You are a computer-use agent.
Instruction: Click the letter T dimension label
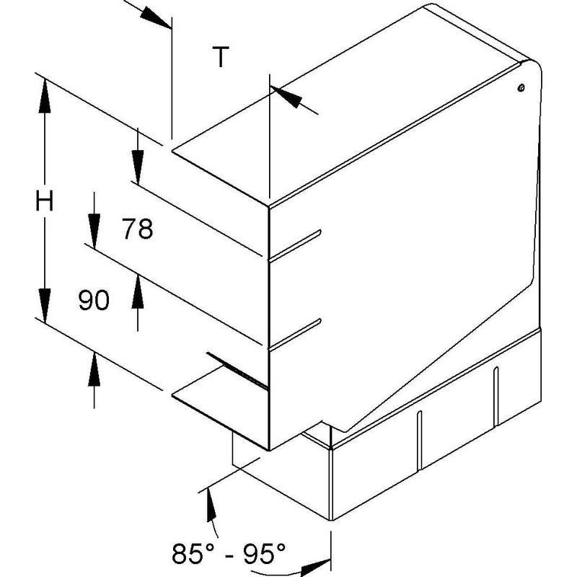pyautogui.click(x=221, y=57)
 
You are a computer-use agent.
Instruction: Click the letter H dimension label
pyautogui.click(x=45, y=201)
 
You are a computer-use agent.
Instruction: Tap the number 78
pyautogui.click(x=138, y=229)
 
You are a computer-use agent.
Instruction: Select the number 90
pyautogui.click(x=94, y=299)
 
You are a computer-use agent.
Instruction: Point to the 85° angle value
pyautogui.click(x=193, y=553)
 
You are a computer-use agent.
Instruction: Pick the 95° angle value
pyautogui.click(x=264, y=553)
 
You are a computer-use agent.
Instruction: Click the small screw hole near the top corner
pyautogui.click(x=521, y=88)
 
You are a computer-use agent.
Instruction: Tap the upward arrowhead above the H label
pyautogui.click(x=45, y=96)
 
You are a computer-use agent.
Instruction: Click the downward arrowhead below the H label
pyautogui.click(x=45, y=305)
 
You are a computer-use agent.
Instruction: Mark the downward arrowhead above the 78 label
pyautogui.click(x=138, y=167)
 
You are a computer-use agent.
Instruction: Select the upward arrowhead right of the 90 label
pyautogui.click(x=138, y=291)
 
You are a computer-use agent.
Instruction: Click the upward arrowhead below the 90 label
pyautogui.click(x=94, y=369)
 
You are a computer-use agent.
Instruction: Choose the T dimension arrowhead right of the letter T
pyautogui.click(x=286, y=97)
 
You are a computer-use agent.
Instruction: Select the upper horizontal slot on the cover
pyautogui.click(x=295, y=245)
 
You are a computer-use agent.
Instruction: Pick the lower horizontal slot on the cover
pyautogui.click(x=295, y=334)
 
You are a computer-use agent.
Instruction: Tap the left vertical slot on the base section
pyautogui.click(x=419, y=441)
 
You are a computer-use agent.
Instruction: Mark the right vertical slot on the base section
pyautogui.click(x=495, y=396)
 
